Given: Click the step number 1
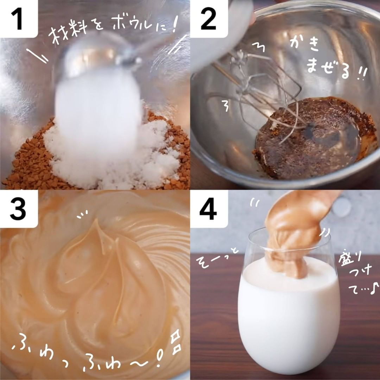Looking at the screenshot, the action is pyautogui.click(x=17, y=19).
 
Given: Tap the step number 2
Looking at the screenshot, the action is pyautogui.click(x=208, y=19).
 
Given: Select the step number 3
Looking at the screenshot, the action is pyautogui.click(x=18, y=209).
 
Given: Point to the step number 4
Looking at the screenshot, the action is pyautogui.click(x=208, y=209).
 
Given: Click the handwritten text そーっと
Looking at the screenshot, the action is pyautogui.click(x=217, y=259).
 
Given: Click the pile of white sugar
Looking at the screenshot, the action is pyautogui.click(x=114, y=155).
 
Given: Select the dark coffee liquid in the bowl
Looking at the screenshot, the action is pyautogui.click(x=313, y=138).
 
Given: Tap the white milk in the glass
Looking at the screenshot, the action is pyautogui.click(x=289, y=315).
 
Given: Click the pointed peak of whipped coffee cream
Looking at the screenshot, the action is pyautogui.click(x=97, y=221).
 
